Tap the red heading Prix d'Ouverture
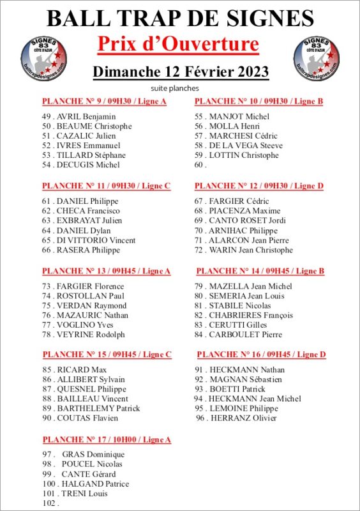click(x=178, y=44)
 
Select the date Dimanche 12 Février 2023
click(x=181, y=71)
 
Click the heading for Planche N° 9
click(x=104, y=102)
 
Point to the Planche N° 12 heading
click(x=259, y=186)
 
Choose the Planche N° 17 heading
click(x=107, y=439)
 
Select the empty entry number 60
click(x=200, y=165)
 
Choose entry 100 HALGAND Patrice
click(x=94, y=484)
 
